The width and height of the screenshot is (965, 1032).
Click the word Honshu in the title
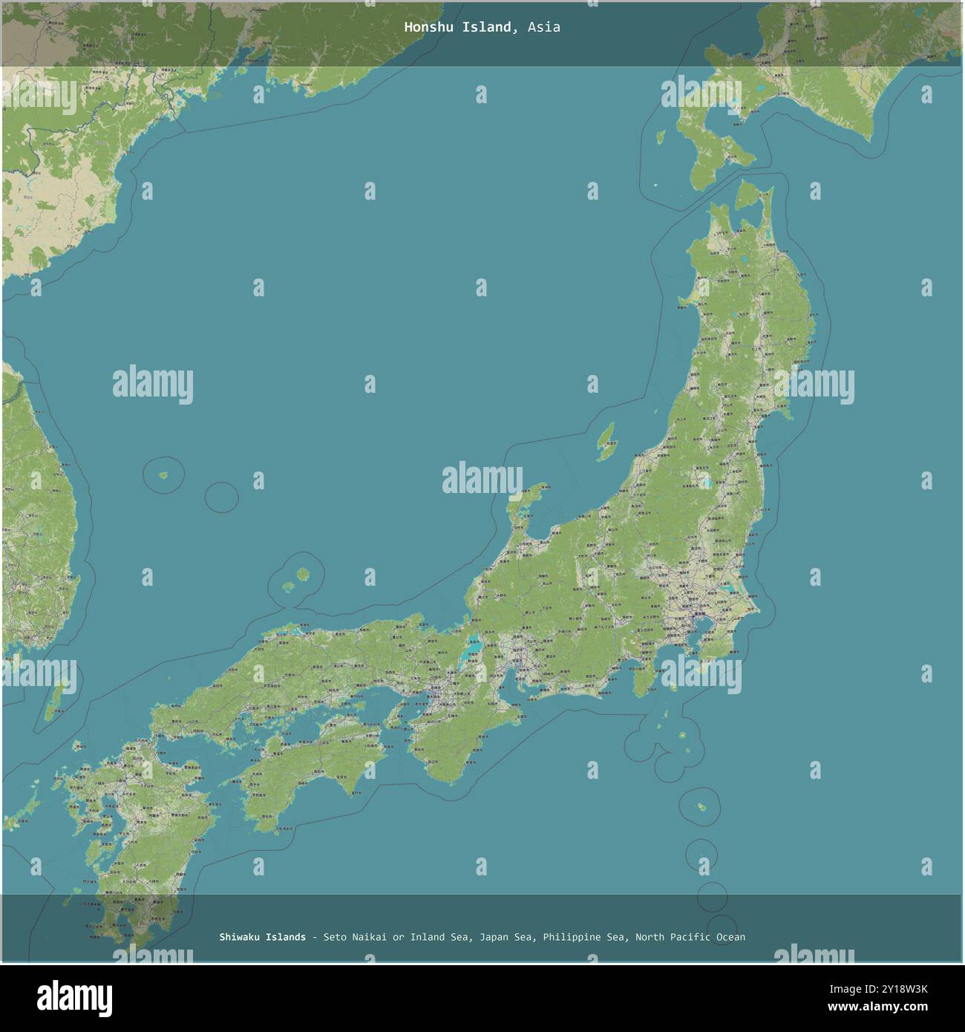click(x=426, y=27)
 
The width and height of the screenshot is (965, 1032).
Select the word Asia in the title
click(x=545, y=27)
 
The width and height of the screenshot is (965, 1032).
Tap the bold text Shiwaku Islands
click(x=262, y=937)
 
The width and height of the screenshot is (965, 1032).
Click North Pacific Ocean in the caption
click(x=690, y=937)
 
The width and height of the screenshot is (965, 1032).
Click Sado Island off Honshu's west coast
click(x=607, y=441)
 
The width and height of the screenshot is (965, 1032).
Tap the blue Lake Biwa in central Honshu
click(x=470, y=653)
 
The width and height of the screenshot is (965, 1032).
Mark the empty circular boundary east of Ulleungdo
click(x=221, y=497)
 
